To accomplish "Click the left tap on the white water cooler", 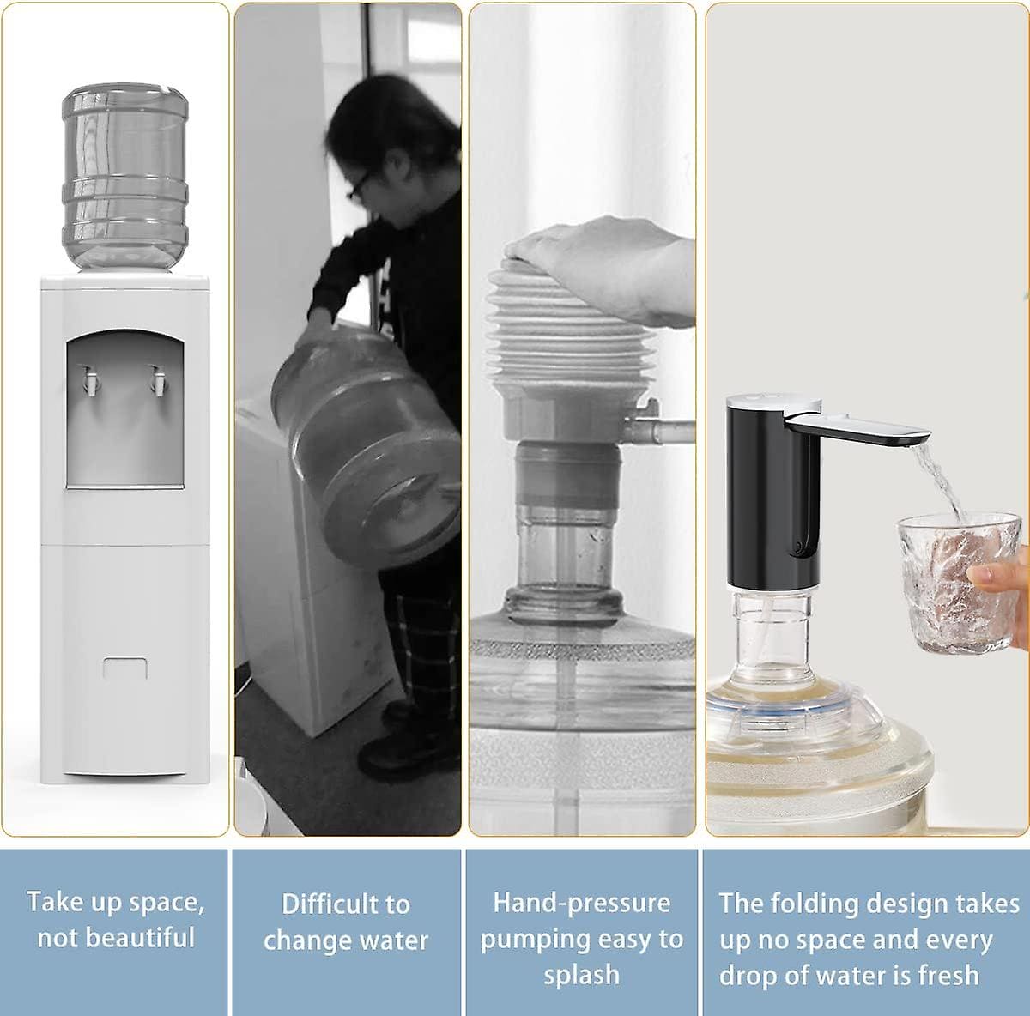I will click(x=88, y=381).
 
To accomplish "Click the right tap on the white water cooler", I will click(x=157, y=380).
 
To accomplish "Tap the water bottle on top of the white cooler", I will click(x=124, y=176).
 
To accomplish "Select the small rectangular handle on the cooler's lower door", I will click(x=125, y=668).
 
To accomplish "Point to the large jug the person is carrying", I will click(x=365, y=446).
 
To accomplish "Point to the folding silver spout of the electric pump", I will click(x=858, y=426).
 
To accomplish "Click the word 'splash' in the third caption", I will click(x=581, y=975).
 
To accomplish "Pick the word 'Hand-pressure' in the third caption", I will click(x=581, y=903).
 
